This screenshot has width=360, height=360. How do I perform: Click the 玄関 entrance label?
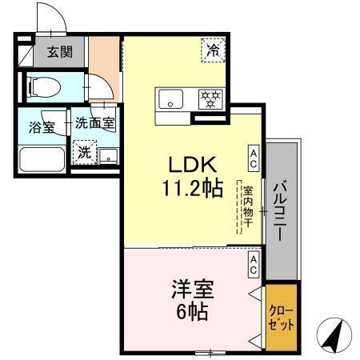[x=58, y=53]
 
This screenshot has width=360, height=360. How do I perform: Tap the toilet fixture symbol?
[x=48, y=85]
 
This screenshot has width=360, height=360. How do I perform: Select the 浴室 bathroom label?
[x=42, y=126]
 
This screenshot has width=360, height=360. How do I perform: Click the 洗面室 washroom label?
[x=95, y=124]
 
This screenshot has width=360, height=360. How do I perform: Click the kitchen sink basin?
[x=170, y=99]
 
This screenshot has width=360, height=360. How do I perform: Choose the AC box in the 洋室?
[x=253, y=265]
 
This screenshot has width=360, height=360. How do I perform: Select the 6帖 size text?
[x=193, y=311]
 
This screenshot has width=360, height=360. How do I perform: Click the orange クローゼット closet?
[x=282, y=318]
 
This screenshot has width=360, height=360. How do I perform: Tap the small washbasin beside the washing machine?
[x=109, y=154]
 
